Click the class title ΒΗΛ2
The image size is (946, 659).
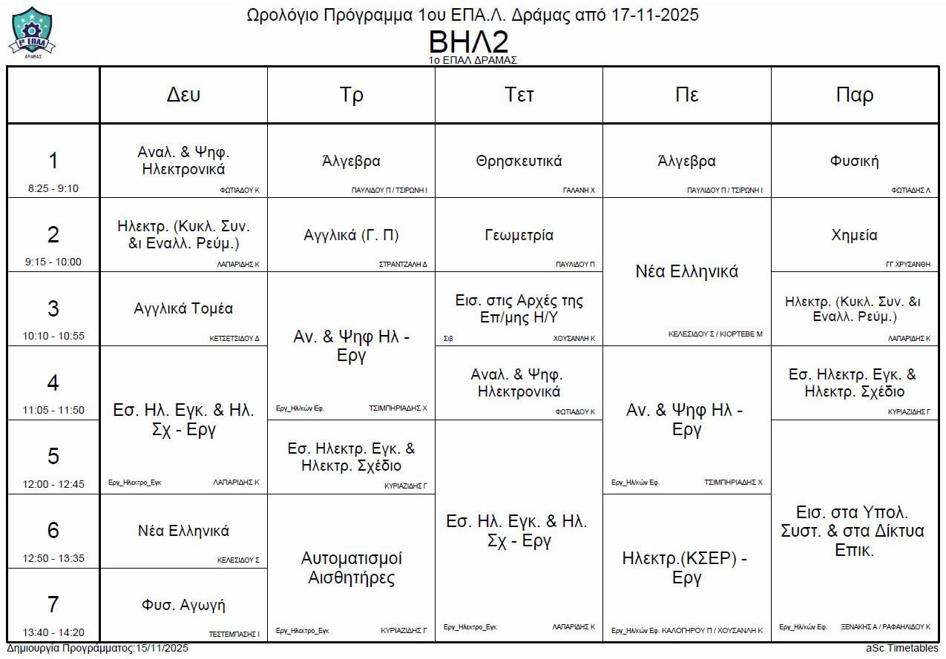[472, 42]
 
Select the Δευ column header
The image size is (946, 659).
[183, 95]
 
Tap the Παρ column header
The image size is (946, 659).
[855, 95]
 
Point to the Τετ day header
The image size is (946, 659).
[519, 95]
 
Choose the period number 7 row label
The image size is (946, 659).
[53, 605]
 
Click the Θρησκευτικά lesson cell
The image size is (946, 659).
[519, 161]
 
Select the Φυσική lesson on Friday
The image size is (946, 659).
[855, 161]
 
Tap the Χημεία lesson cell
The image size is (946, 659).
[855, 235]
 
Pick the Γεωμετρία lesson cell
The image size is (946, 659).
[519, 235]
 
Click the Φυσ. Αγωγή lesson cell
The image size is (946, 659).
[183, 605]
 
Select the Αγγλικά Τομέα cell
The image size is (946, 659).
[183, 308]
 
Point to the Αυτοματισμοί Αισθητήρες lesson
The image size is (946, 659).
[351, 568]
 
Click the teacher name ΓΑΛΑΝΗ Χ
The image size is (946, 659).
[579, 191]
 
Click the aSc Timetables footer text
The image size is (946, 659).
[901, 649]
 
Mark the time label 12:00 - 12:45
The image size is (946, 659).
[53, 484]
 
